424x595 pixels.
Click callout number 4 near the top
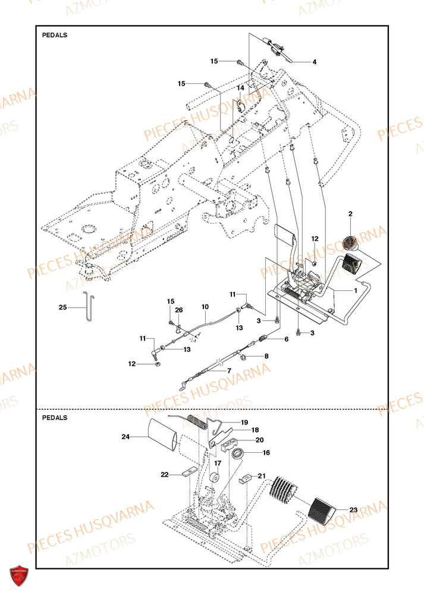315,62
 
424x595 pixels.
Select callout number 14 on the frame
241,88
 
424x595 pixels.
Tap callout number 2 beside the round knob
350,214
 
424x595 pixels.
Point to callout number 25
63,308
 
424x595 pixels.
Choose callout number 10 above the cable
205,307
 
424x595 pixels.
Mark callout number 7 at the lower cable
228,370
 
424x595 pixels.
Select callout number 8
266,356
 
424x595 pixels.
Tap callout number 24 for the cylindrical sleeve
125,437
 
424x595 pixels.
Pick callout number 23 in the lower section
354,509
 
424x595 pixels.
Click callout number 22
164,474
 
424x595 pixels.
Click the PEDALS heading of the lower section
55,418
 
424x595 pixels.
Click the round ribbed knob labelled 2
350,243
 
